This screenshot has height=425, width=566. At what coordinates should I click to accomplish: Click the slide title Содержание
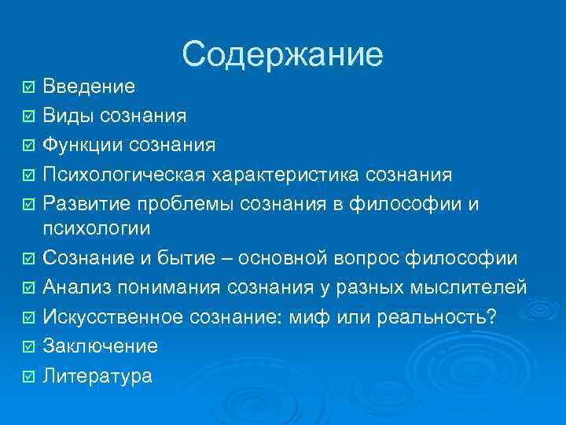coord(282,54)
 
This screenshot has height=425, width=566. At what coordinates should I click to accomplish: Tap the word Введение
coord(88,86)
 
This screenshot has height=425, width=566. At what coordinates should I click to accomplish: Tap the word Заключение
coord(100,346)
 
